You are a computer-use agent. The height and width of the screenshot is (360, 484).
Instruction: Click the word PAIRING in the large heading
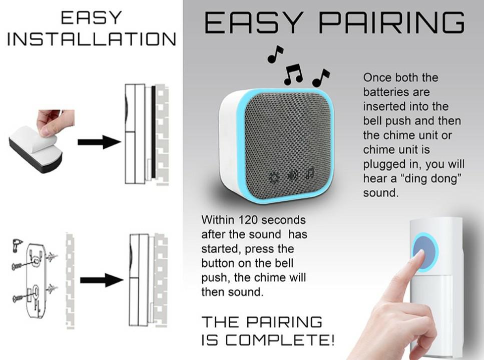(x=391, y=22)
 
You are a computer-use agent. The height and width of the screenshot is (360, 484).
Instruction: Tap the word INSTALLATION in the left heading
(x=92, y=39)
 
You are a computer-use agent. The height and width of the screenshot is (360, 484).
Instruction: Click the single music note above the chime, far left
(x=275, y=54)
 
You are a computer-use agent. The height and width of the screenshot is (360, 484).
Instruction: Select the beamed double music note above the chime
(x=293, y=74)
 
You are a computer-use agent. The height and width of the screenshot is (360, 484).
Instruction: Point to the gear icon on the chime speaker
(x=273, y=177)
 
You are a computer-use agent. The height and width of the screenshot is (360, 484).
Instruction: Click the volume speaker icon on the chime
(x=293, y=175)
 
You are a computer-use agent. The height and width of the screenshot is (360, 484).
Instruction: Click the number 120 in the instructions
(x=248, y=220)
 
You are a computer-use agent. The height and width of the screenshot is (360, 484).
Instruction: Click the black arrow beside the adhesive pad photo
(x=99, y=142)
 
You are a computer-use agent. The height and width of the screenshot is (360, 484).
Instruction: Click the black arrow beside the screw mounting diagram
(x=102, y=280)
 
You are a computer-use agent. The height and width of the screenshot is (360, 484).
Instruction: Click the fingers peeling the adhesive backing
(x=55, y=122)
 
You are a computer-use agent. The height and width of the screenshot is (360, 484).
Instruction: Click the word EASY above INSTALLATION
(x=92, y=17)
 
